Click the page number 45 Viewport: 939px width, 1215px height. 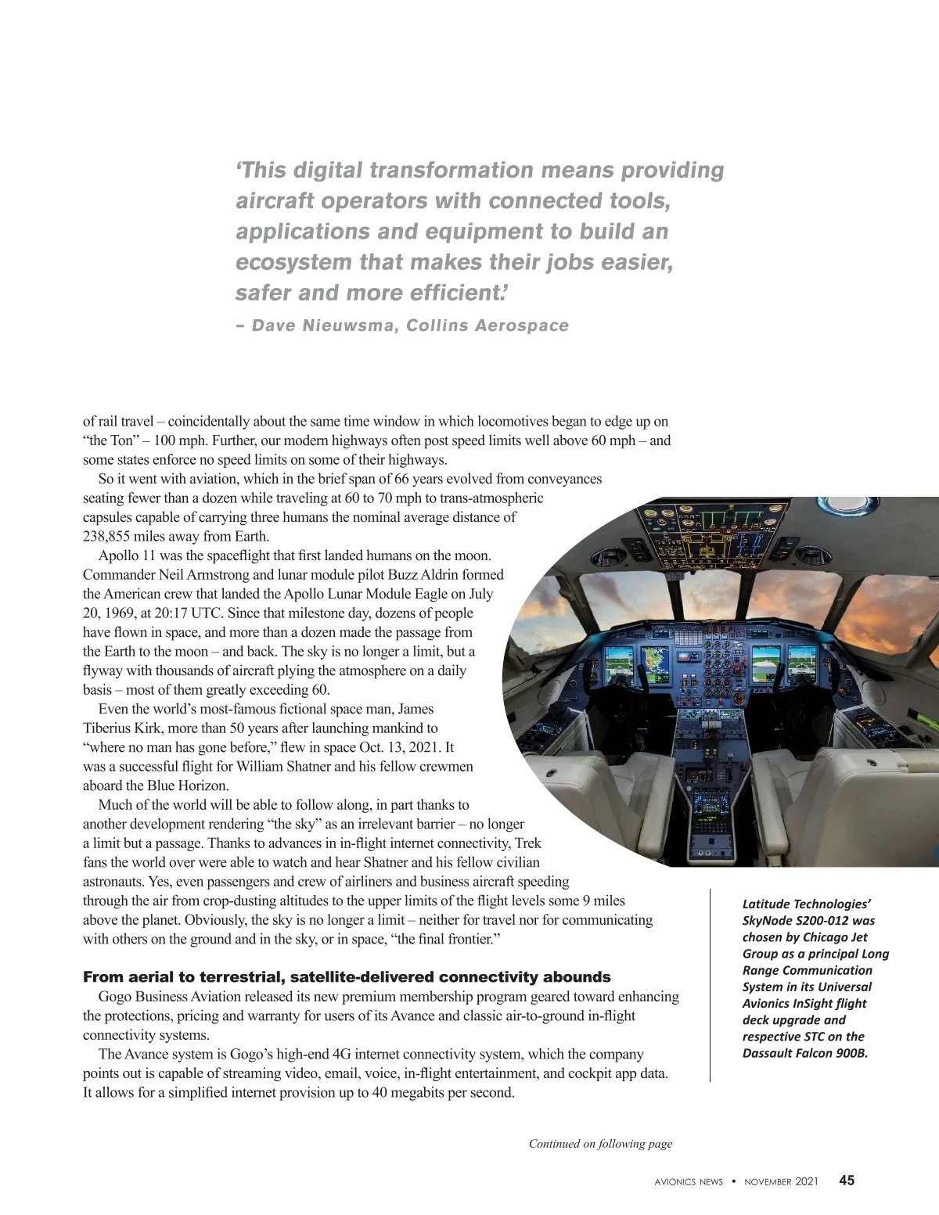coord(847,1181)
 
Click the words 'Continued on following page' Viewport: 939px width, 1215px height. coord(600,1144)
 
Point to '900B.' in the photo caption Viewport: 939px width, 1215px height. coord(851,1053)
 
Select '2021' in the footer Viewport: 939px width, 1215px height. coord(807,1181)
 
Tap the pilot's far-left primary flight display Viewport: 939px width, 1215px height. coord(618,667)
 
